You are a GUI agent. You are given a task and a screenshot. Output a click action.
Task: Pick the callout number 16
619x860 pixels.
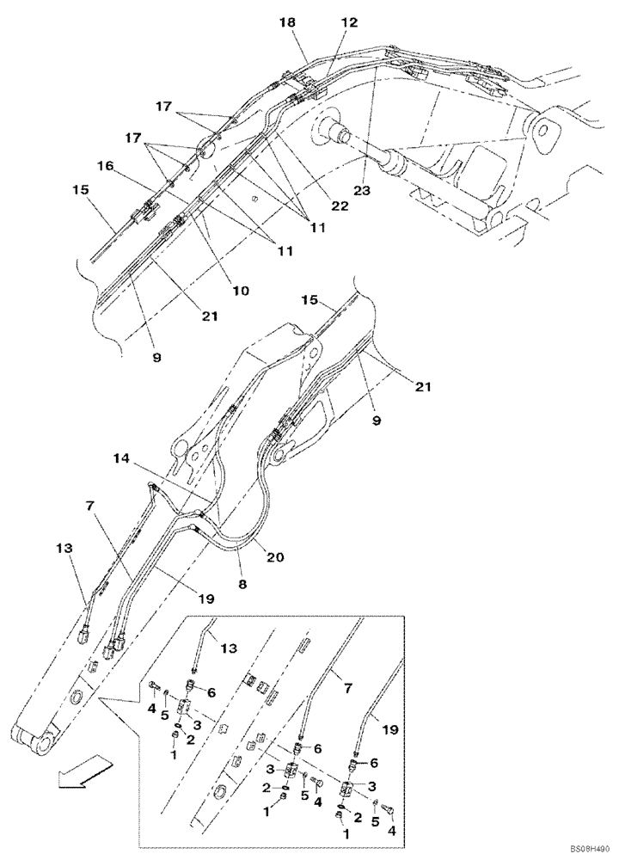click(105, 165)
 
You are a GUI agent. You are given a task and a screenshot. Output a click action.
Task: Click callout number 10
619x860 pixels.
click(240, 291)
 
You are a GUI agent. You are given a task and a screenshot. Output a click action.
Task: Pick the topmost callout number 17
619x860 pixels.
click(163, 107)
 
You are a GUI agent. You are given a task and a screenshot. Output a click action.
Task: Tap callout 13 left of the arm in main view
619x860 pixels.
click(65, 549)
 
